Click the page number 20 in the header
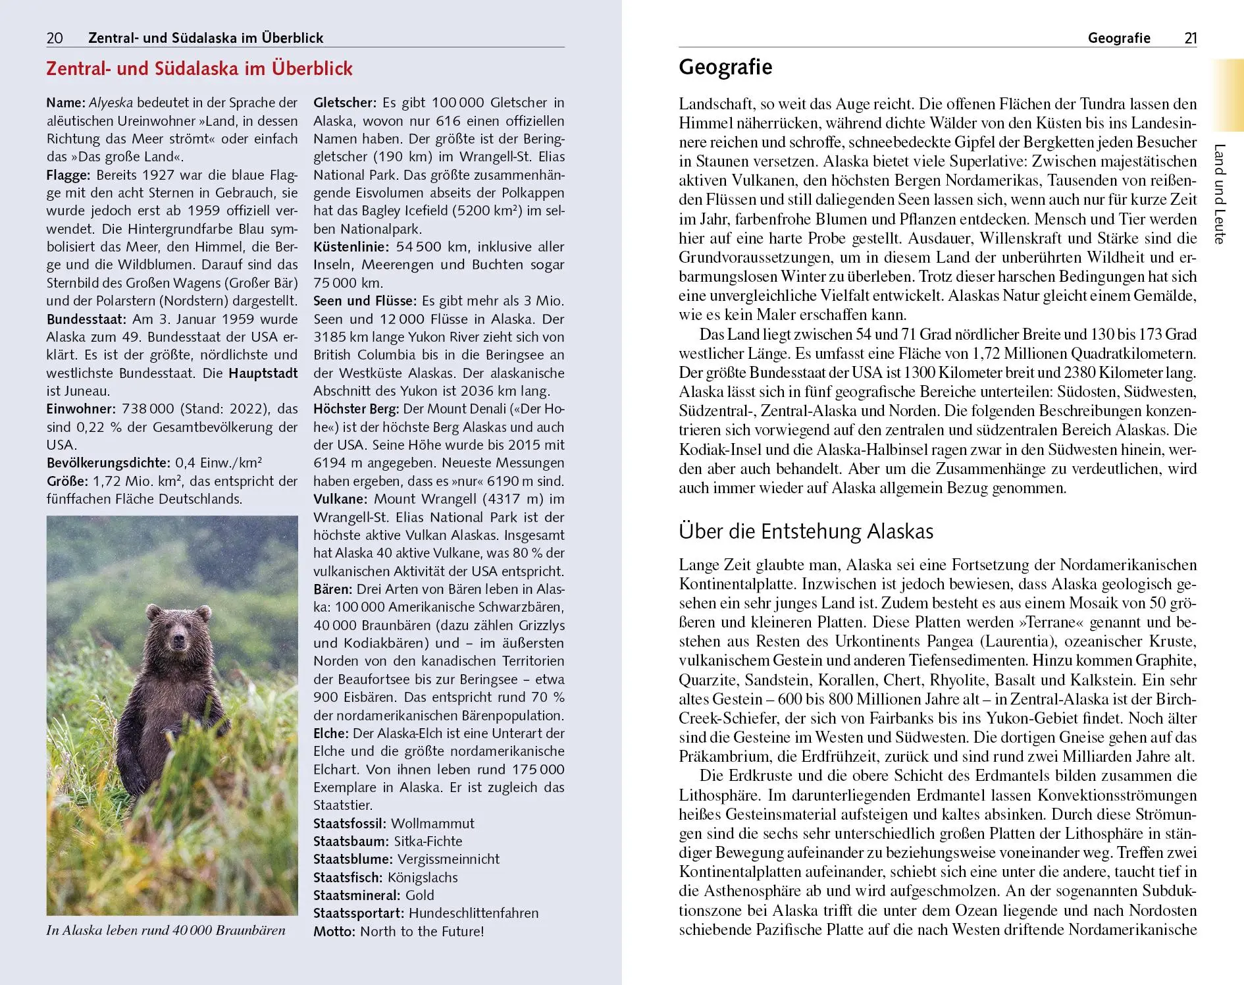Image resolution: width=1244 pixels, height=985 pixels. pos(55,38)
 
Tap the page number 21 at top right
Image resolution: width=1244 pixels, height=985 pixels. pos(1190,38)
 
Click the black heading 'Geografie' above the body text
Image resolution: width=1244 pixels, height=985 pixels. pos(725,67)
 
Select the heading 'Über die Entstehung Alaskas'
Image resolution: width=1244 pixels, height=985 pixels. pos(806,531)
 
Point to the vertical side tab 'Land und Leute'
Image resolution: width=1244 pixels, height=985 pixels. pos(1219,194)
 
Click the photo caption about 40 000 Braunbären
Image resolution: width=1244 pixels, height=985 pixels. pos(166,930)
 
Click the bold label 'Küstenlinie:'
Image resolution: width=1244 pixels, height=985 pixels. pos(352,247)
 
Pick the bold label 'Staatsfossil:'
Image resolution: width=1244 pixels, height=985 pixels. pos(350,824)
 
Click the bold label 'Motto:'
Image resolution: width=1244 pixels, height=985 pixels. pos(334,932)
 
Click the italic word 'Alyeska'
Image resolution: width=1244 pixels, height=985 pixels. pos(111,103)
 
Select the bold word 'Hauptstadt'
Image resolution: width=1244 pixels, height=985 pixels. pos(263,373)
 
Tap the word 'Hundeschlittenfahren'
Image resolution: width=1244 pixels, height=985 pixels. pos(473,913)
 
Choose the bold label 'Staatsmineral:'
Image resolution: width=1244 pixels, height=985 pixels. pos(356,895)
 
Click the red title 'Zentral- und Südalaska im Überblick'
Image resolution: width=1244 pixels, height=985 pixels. pos(199,68)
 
